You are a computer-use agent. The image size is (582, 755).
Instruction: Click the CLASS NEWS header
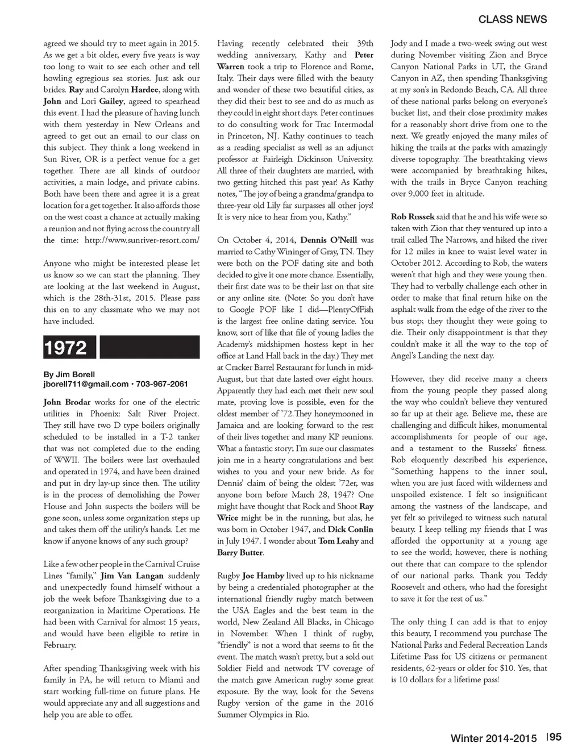click(512, 19)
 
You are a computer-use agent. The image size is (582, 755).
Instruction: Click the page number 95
click(555, 737)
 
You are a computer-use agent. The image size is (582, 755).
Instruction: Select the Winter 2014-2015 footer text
click(493, 738)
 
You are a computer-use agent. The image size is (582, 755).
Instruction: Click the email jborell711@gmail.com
click(86, 384)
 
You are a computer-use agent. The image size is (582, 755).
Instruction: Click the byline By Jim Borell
click(69, 374)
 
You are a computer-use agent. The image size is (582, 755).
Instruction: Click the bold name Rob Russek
click(413, 217)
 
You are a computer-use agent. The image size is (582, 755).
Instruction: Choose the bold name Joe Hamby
click(263, 575)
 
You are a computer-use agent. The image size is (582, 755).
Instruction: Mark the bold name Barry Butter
click(240, 552)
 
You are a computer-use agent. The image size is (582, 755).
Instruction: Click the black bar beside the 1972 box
click(150, 348)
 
